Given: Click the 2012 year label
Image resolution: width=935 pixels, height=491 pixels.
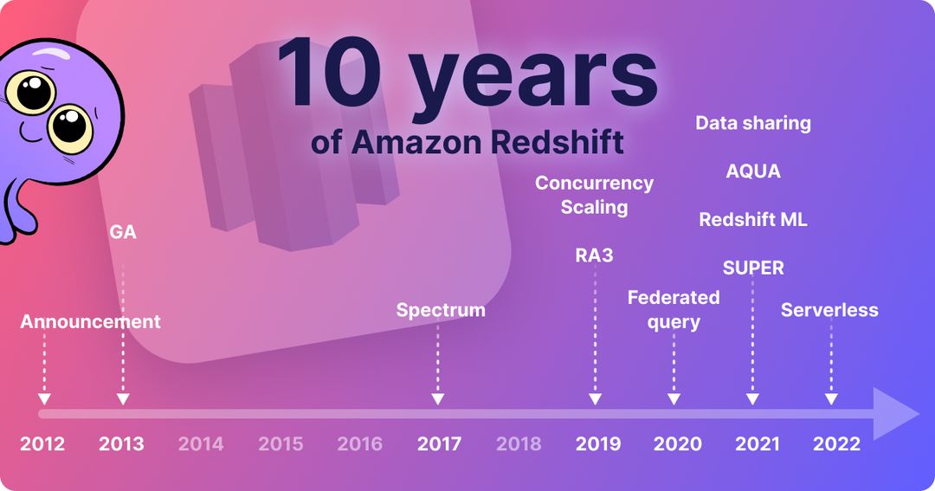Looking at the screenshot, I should (x=42, y=444).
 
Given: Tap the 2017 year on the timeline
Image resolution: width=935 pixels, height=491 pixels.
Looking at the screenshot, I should (x=439, y=444).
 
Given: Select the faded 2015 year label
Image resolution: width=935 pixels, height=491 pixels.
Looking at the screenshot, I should (x=280, y=444).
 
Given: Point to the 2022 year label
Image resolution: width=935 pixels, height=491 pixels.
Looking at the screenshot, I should (x=836, y=444).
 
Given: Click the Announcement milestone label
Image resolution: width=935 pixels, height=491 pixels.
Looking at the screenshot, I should (x=91, y=321).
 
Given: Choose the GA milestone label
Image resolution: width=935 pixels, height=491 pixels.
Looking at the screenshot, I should (x=123, y=232).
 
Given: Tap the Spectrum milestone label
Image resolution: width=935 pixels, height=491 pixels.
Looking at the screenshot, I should (x=441, y=309).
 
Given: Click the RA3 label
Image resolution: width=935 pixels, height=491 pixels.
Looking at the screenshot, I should (x=594, y=255).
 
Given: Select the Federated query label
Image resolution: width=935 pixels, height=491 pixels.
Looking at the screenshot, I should (x=674, y=309).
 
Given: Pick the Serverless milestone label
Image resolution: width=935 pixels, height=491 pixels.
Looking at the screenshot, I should (x=829, y=309).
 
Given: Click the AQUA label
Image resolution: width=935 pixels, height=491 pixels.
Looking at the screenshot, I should (x=753, y=171).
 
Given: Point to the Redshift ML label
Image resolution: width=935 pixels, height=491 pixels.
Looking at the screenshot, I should (x=753, y=219).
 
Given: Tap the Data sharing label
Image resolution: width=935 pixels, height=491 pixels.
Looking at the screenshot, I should (x=753, y=123).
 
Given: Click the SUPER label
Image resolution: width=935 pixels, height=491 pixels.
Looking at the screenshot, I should (x=753, y=268).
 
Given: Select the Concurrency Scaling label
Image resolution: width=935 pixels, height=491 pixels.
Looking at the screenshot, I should (x=594, y=195).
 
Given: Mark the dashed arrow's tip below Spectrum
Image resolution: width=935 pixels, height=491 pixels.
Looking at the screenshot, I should (x=438, y=399).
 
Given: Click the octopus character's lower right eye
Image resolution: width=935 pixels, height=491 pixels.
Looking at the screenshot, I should (x=70, y=127).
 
